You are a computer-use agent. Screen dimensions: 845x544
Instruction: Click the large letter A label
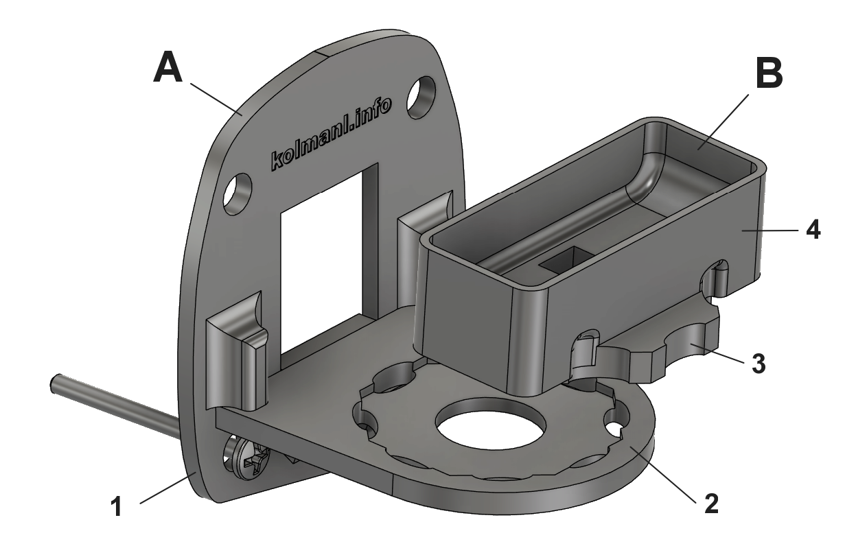pyautogui.click(x=168, y=67)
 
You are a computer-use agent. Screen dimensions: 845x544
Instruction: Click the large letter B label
pyautogui.click(x=769, y=73)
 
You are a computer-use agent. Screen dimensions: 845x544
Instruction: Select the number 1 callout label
pyautogui.click(x=117, y=507)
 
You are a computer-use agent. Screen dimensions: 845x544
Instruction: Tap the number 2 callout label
pyautogui.click(x=711, y=504)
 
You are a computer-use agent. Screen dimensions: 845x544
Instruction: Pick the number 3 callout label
pyautogui.click(x=759, y=364)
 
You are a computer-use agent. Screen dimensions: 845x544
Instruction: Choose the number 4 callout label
pyautogui.click(x=813, y=230)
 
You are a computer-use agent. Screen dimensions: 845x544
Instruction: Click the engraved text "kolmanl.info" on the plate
pyautogui.click(x=331, y=134)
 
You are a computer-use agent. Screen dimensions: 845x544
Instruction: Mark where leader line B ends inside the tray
pyautogui.click(x=698, y=150)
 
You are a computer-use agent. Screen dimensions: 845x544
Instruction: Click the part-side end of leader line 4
pyautogui.click(x=741, y=230)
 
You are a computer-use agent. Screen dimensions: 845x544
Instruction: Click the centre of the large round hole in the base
pyautogui.click(x=491, y=425)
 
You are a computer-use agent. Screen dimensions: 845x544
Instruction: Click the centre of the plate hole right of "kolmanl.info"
pyautogui.click(x=420, y=97)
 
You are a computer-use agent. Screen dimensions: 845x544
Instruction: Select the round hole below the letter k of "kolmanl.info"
pyautogui.click(x=238, y=193)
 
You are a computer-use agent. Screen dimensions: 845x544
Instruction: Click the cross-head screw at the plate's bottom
pyautogui.click(x=248, y=460)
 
